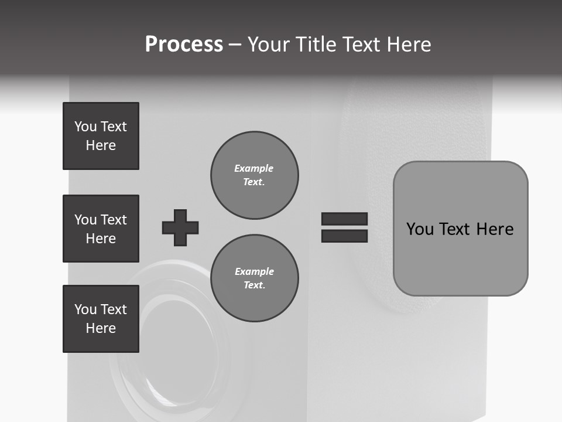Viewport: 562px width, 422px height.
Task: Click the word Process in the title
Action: point(184,45)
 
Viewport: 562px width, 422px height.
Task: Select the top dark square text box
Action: point(101,136)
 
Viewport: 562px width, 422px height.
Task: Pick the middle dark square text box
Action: point(101,229)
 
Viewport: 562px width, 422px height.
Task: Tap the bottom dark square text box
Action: point(101,319)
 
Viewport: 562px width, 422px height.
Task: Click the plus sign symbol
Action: point(180,227)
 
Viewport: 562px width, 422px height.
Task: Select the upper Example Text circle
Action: point(254,175)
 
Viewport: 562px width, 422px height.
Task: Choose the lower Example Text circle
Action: point(254,278)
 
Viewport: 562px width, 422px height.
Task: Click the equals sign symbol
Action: point(344,227)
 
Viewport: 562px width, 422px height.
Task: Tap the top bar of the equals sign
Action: point(344,219)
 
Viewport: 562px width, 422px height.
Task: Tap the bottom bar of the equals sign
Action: point(344,236)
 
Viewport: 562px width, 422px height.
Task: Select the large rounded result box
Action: point(460,229)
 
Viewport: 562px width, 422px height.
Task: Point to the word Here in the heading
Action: point(407,45)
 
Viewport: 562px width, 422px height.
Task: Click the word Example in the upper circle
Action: point(254,168)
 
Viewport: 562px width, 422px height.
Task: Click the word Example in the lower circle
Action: point(254,271)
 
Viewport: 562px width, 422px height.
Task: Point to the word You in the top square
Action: point(85,127)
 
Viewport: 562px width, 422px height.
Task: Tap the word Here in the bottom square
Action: point(101,328)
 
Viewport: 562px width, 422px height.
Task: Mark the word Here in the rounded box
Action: point(495,229)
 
